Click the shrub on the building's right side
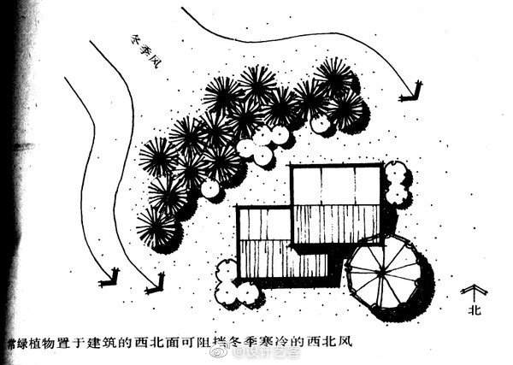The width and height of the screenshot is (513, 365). click(395, 183)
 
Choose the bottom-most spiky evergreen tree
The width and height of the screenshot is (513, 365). click(157, 227)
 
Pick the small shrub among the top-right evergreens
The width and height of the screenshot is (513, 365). click(321, 123)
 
